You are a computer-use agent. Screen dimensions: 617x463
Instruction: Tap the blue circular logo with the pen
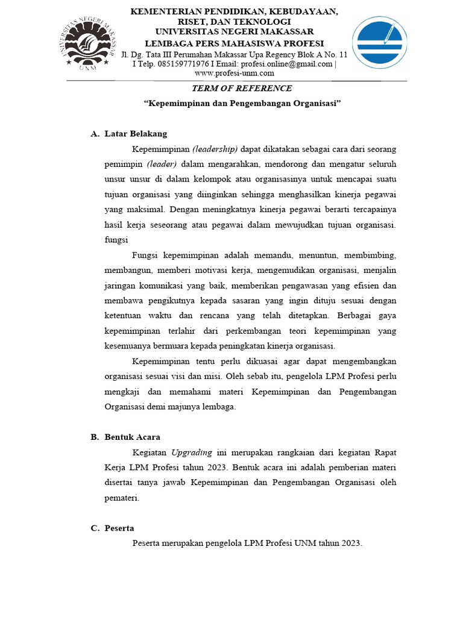(379, 43)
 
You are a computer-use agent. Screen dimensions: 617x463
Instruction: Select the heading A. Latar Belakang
(128, 134)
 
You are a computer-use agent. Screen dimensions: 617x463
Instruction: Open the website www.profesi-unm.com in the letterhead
(235, 73)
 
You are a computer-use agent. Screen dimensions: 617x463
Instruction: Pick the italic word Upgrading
(192, 452)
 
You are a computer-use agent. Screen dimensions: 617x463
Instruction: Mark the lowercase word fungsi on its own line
(116, 239)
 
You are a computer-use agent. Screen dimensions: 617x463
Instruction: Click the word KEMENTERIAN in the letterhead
(165, 12)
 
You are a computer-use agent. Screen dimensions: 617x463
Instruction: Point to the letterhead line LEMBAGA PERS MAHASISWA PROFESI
(235, 43)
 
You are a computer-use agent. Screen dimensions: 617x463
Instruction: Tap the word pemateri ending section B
(121, 498)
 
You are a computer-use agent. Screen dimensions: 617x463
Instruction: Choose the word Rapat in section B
(384, 452)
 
